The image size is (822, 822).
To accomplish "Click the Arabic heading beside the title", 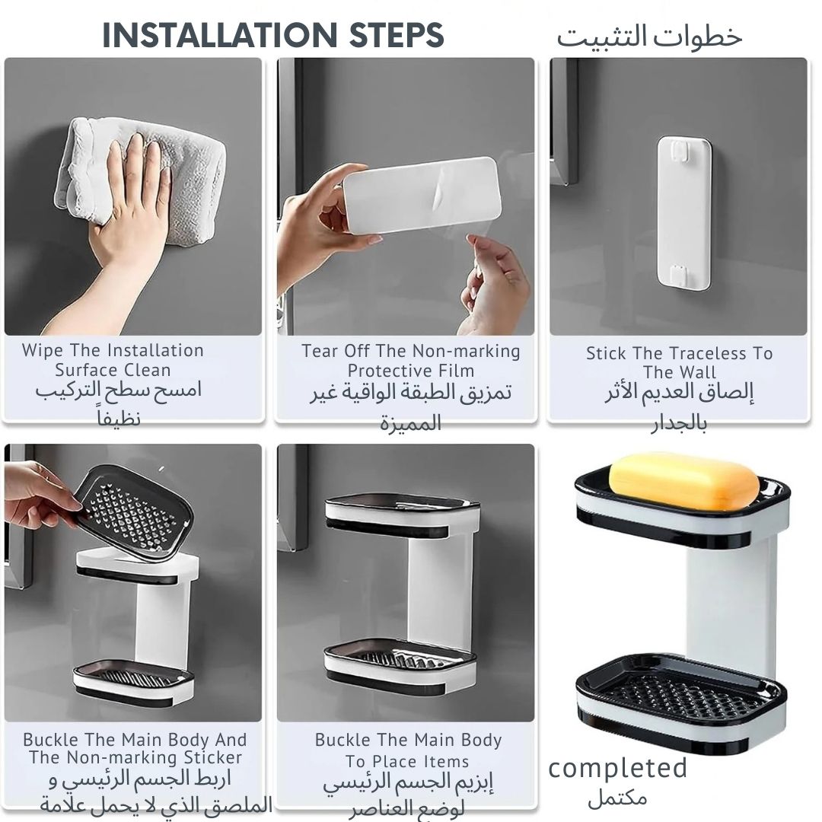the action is (x=649, y=37).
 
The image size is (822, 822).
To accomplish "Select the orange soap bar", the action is (x=684, y=482).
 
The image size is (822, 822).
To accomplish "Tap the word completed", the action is (x=617, y=769).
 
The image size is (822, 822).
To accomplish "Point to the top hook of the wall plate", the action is (x=683, y=150).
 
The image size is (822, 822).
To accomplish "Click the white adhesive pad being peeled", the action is (x=421, y=195).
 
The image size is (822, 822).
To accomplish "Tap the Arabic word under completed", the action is (x=617, y=798).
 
